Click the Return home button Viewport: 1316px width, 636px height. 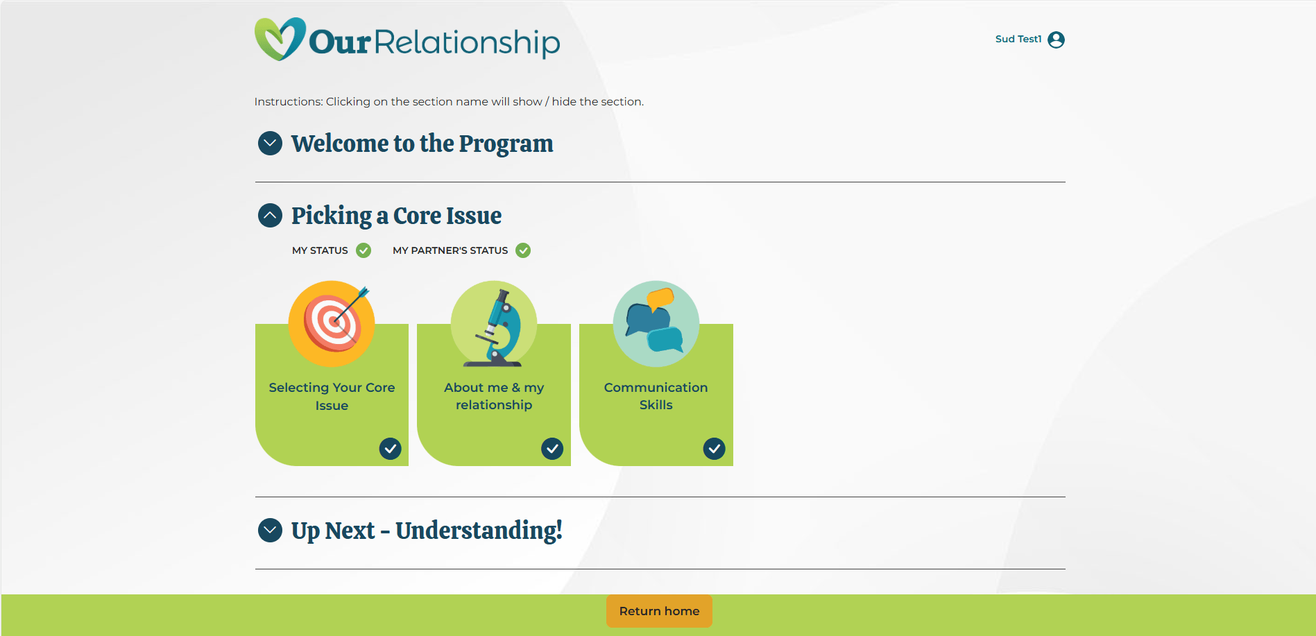click(x=659, y=611)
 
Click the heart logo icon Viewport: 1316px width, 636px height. click(x=280, y=39)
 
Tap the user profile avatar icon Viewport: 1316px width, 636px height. click(x=1056, y=40)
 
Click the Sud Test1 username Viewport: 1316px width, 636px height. click(x=1018, y=40)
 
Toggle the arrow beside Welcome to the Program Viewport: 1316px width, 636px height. click(x=270, y=144)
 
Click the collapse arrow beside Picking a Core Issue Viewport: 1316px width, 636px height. click(x=270, y=216)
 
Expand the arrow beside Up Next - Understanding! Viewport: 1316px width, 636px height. click(x=270, y=531)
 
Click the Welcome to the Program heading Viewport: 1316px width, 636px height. click(x=422, y=144)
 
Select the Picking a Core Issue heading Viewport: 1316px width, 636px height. click(x=396, y=216)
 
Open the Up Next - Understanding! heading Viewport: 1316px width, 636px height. click(x=427, y=531)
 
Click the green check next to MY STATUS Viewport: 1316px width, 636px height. click(x=364, y=250)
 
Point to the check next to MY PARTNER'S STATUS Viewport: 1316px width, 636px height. click(x=523, y=250)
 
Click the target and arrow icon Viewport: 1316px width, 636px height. click(x=332, y=323)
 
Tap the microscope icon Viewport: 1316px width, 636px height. click(x=494, y=325)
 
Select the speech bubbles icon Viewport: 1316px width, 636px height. click(x=656, y=323)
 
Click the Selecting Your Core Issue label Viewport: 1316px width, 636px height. click(x=332, y=396)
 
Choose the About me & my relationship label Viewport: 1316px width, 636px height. click(x=494, y=396)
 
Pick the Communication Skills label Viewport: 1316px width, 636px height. click(x=656, y=396)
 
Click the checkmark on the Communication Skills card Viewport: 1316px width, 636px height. click(x=714, y=449)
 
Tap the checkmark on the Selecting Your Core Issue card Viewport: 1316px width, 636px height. click(x=390, y=449)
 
